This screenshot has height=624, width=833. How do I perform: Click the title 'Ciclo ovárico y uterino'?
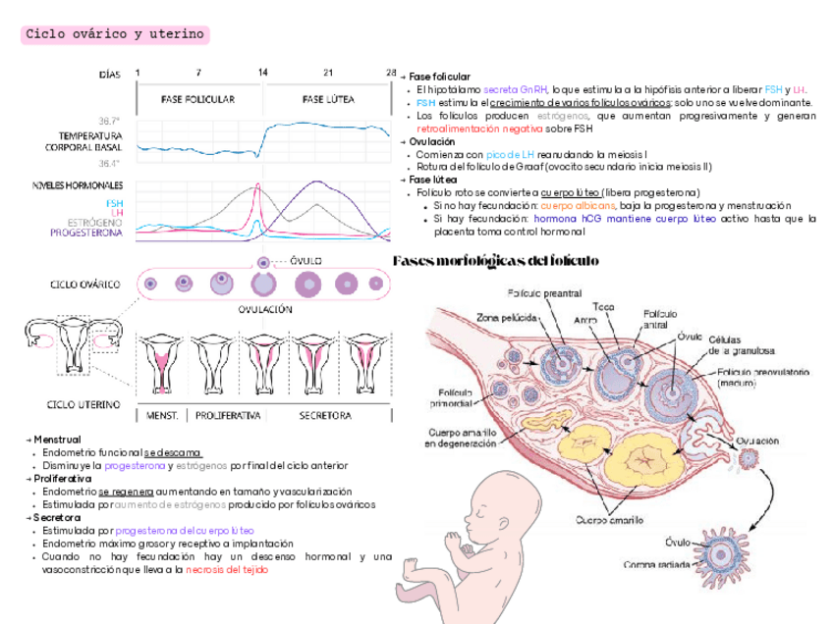point(115,35)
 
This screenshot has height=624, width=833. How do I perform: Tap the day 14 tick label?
point(262,73)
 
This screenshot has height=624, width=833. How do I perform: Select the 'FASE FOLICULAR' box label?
point(197,99)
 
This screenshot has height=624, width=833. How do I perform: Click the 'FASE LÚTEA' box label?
point(328,99)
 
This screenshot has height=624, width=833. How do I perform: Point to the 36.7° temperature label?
point(109,122)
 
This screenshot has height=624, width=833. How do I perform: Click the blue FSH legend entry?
point(115,203)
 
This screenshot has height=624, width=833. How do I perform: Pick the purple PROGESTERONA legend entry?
point(87,234)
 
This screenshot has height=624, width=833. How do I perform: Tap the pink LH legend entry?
point(117,213)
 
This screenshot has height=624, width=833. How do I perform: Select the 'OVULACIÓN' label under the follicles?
point(265,308)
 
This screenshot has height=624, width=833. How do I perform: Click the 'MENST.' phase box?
point(162,415)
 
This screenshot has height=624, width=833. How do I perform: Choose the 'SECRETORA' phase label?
point(325,415)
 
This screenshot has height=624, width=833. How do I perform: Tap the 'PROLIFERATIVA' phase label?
point(228,415)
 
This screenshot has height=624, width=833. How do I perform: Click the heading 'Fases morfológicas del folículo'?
point(495,261)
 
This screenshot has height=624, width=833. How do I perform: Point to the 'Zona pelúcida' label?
point(507,317)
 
